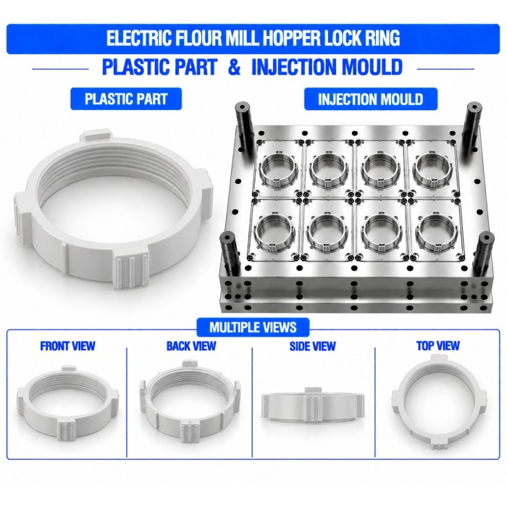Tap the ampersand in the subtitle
point(234,67)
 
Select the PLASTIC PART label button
point(126,99)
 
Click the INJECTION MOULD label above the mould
point(371,99)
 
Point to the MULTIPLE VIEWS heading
point(253,327)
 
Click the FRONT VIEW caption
point(67,346)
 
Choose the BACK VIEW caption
point(191,346)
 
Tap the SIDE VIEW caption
point(312,346)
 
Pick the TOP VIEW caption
point(437,345)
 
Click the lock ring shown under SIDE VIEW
point(313,405)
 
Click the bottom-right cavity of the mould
point(436,231)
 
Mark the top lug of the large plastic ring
point(96,136)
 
